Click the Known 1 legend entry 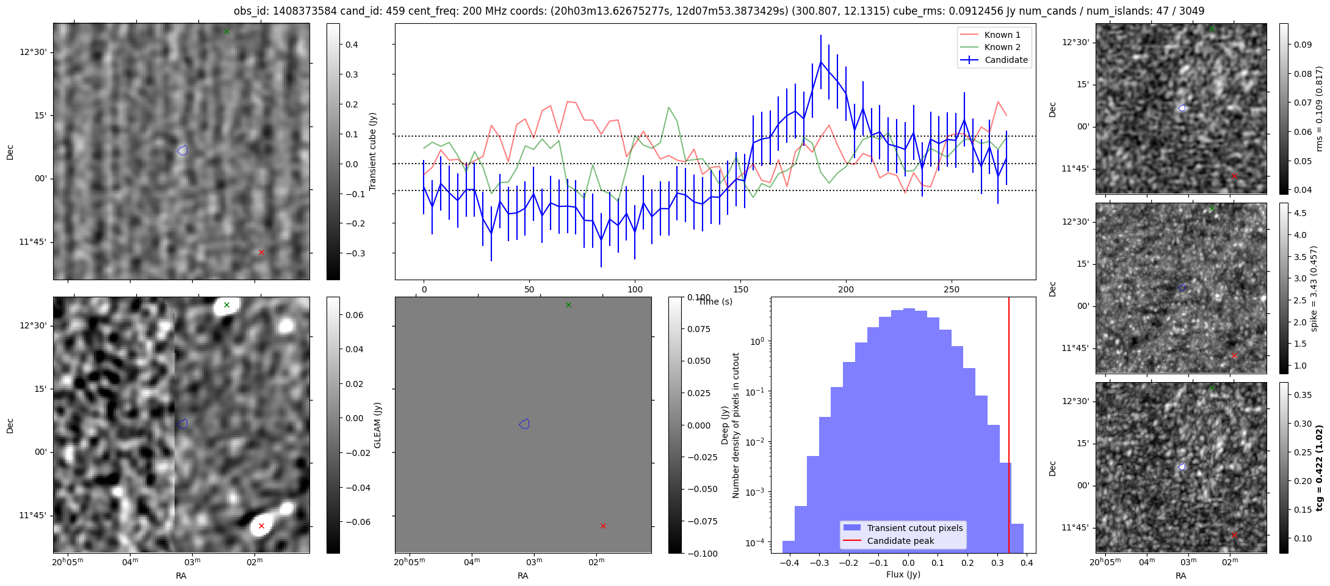(x=1002, y=35)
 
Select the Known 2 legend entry (x=1002, y=47)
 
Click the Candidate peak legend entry (x=900, y=541)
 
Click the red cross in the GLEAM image (x=261, y=526)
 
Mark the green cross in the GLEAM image (x=226, y=305)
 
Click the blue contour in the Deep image (x=524, y=424)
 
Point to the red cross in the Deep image (x=603, y=526)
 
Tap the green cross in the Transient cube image (x=226, y=31)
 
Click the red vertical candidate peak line (x=1008, y=427)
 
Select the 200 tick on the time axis (x=846, y=289)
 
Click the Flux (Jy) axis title (x=903, y=574)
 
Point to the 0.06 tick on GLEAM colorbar (x=354, y=315)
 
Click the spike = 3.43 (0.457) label (x=1314, y=288)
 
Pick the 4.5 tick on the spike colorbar (x=1300, y=213)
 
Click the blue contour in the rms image (x=1182, y=108)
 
